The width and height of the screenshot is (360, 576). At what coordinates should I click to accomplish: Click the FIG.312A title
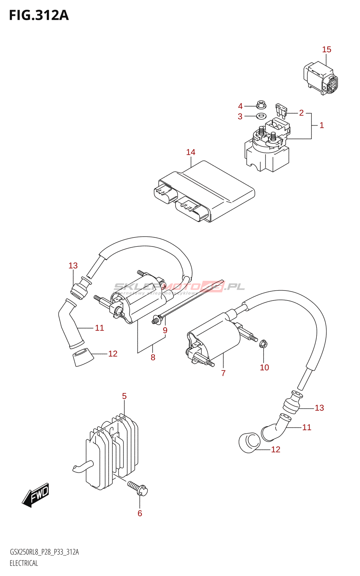39,15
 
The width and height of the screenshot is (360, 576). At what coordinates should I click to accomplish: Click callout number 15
327,50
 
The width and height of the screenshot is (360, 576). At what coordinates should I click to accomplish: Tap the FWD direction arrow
35,495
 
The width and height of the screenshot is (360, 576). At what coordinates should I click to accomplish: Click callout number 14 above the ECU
191,152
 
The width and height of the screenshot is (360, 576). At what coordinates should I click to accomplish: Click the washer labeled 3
261,116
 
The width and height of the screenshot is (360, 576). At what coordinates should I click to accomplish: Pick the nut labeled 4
261,105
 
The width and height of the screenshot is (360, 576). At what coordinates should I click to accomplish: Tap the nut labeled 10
263,345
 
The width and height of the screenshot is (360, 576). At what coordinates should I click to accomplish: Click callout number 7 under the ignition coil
223,373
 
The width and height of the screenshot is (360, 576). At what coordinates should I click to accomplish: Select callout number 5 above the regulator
124,396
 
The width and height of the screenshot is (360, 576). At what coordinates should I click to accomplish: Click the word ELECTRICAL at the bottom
24,563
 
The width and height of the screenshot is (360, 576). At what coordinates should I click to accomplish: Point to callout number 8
153,357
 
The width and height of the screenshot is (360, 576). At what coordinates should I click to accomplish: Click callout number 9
165,330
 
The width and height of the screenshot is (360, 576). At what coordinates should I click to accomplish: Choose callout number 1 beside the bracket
321,125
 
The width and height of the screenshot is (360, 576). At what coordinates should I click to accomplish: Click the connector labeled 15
320,77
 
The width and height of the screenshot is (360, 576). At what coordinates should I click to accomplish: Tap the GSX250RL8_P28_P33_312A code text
44,552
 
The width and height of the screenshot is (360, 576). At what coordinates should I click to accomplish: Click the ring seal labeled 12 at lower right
249,443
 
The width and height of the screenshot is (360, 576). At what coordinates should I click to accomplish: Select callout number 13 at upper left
73,266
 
